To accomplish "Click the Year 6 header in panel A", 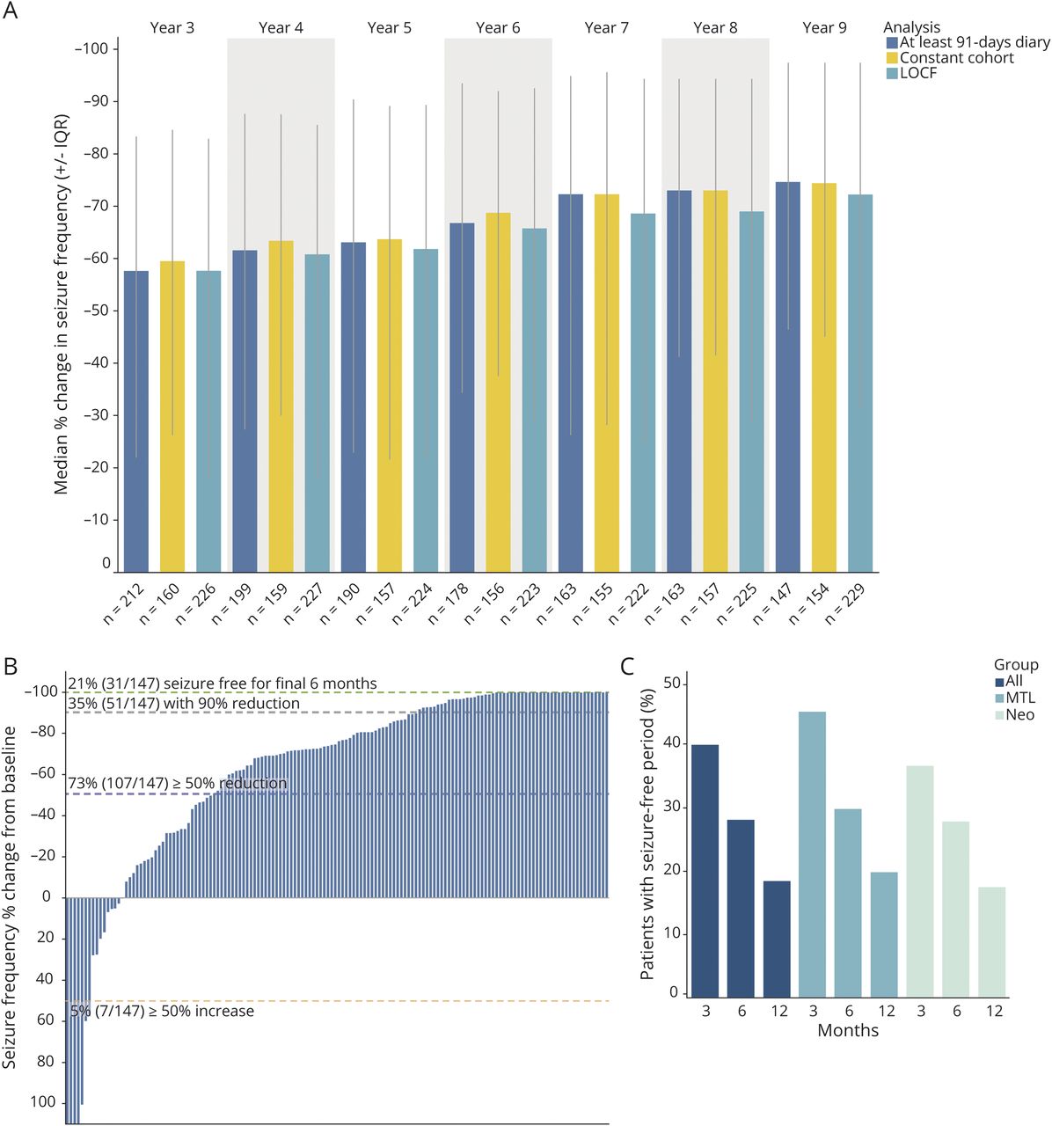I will [x=498, y=28].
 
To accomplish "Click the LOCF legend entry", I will [x=918, y=73].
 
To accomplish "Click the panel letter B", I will [x=11, y=666].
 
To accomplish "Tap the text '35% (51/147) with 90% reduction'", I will [x=184, y=704].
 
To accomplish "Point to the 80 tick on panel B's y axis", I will [x=46, y=1062].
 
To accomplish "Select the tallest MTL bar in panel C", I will [x=814, y=854].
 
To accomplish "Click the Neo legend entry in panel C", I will [x=1020, y=715].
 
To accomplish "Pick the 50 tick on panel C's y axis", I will [x=673, y=684].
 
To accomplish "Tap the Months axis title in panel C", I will [x=848, y=1030].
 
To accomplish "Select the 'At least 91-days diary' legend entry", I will [x=975, y=42].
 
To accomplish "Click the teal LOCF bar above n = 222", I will [x=643, y=392].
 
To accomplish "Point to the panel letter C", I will [x=628, y=666].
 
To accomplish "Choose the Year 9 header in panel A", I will [x=824, y=28].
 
